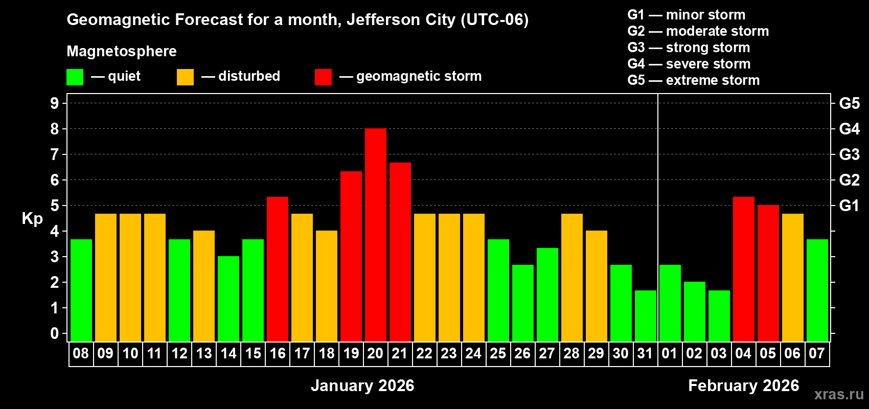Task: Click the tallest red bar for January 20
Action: [x=376, y=235]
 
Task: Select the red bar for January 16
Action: [x=278, y=269]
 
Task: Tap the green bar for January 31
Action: [x=646, y=316]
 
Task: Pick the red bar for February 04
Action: [x=744, y=269]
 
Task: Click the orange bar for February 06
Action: [x=793, y=278]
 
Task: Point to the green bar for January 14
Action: [x=228, y=299]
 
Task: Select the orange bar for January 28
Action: [x=572, y=278]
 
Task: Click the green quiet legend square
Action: [x=75, y=77]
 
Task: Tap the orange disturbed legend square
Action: [x=185, y=77]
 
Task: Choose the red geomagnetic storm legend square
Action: [x=323, y=77]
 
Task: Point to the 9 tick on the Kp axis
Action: [x=55, y=103]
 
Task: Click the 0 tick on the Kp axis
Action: [x=55, y=333]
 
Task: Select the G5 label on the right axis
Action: [x=849, y=103]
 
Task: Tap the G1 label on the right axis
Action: [x=849, y=206]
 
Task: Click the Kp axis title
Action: [x=32, y=218]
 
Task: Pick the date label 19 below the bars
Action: [x=351, y=353]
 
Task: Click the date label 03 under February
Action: [x=719, y=353]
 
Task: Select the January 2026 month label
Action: [x=362, y=385]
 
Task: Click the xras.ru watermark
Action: [x=839, y=394]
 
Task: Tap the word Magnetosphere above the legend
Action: [x=122, y=51]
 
